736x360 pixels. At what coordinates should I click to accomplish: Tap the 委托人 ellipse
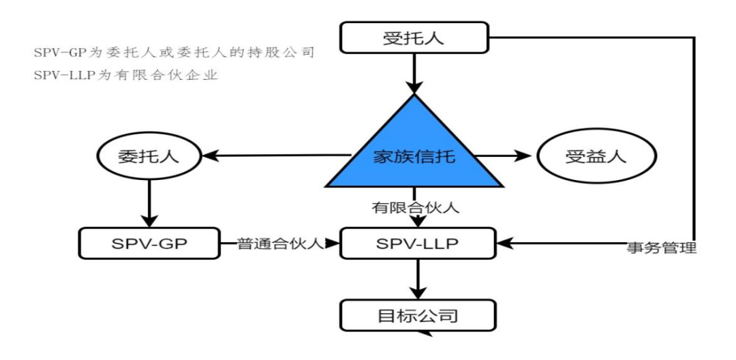point(149,157)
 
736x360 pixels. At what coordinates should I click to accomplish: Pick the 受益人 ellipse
point(596,157)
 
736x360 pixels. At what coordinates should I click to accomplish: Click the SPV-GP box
point(149,243)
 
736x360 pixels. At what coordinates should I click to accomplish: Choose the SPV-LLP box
point(418,243)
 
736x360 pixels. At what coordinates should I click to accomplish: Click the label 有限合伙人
point(415,207)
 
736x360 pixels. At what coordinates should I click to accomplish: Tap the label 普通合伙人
point(280,243)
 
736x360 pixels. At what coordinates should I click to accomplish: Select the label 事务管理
point(662,247)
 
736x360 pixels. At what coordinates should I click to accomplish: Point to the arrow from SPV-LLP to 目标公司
point(417,280)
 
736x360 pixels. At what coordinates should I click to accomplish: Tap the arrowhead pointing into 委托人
point(210,155)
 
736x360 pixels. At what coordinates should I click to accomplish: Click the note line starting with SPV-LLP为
point(126,75)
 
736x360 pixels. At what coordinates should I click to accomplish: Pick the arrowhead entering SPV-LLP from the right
point(506,243)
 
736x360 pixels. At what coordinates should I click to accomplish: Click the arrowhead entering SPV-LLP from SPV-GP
point(333,243)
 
